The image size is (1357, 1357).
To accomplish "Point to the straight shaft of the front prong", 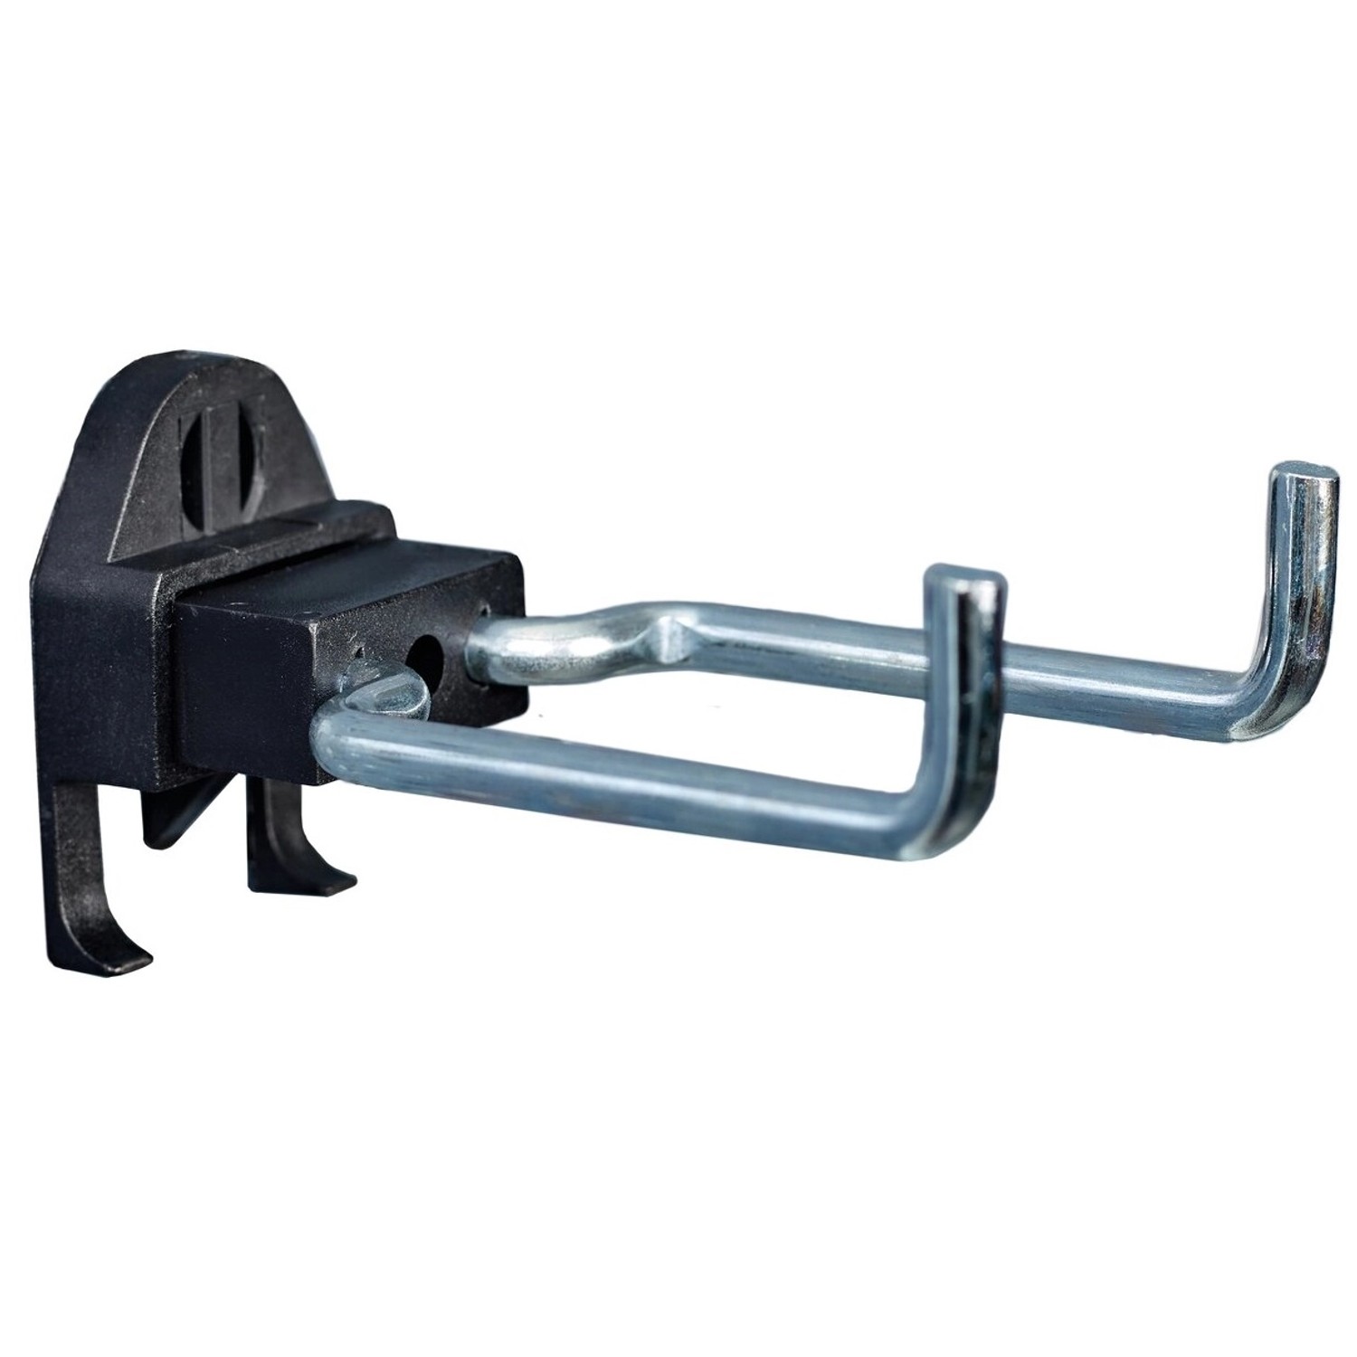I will click(x=633, y=760).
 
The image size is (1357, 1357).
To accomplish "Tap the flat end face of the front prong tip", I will click(x=963, y=577).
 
